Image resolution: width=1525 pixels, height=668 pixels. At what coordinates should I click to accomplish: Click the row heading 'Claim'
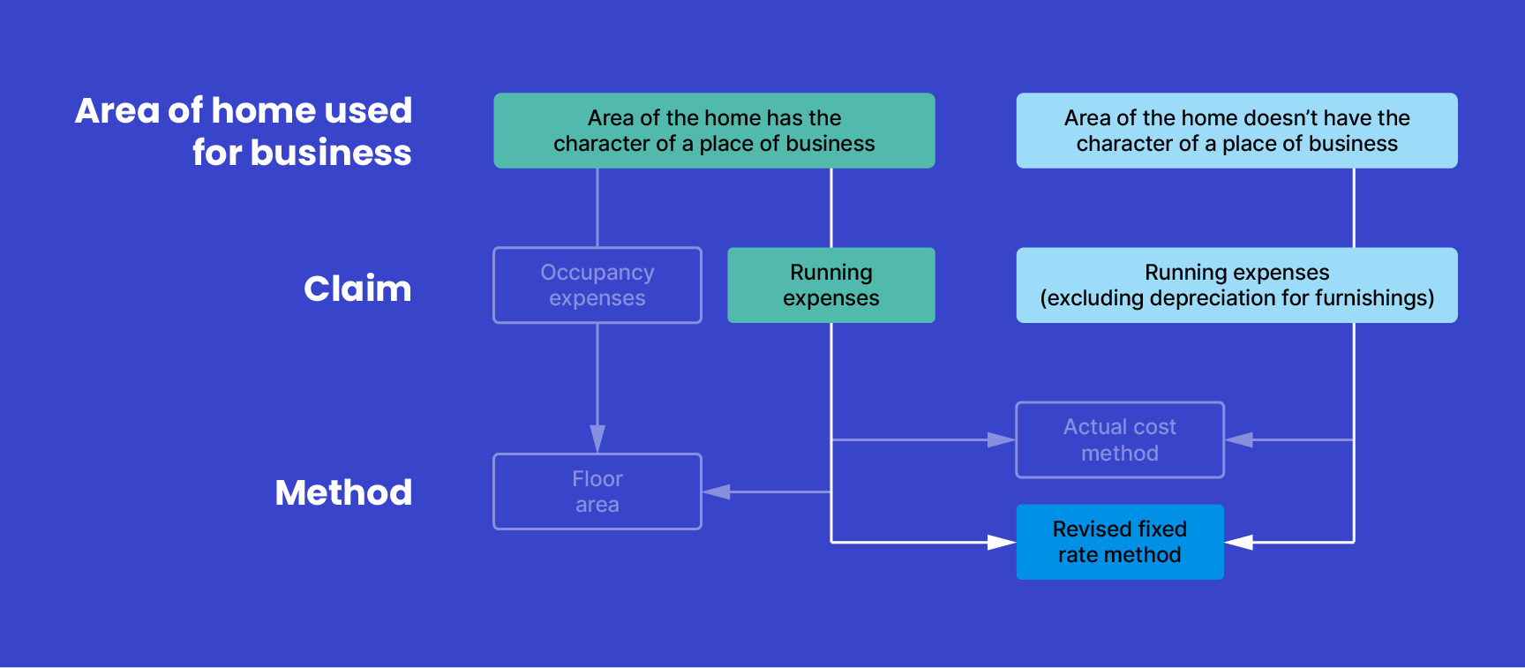point(357,289)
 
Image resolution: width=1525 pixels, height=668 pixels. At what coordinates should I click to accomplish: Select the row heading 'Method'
point(343,492)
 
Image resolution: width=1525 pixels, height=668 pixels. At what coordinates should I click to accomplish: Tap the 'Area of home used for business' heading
point(244,131)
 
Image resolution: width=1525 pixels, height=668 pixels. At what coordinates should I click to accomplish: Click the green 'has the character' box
point(714,131)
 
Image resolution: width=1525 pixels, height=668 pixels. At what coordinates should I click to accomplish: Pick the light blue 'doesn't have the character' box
point(1236,131)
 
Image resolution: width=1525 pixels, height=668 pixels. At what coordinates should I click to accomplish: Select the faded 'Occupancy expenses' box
point(597,285)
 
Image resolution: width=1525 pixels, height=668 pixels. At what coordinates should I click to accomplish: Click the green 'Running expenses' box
point(830,285)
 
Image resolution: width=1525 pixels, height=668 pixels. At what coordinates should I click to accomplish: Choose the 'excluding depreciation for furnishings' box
point(1236,285)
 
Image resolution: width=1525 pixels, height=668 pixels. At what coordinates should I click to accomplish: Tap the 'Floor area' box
point(597,492)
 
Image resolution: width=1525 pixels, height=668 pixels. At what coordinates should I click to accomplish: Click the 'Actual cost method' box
point(1119,439)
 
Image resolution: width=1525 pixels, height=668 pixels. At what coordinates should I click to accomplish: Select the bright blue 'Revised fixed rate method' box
point(1119,542)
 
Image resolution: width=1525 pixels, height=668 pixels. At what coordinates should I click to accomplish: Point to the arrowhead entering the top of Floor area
point(597,439)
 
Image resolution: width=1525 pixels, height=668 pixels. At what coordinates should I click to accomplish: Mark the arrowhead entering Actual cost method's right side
point(1239,439)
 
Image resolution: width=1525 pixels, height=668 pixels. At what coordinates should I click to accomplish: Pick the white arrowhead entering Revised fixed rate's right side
point(1239,542)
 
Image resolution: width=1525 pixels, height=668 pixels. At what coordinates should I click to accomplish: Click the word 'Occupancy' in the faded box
point(597,273)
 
